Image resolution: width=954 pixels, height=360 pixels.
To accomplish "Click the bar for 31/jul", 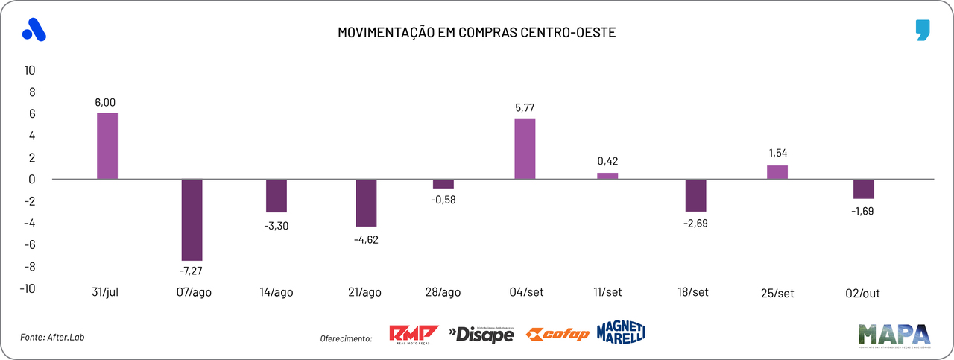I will [x=107, y=146].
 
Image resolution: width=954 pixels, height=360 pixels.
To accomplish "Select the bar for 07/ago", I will [x=192, y=219].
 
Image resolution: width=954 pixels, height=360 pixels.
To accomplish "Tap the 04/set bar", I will [x=525, y=148].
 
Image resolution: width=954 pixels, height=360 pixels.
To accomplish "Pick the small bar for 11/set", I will [x=607, y=176].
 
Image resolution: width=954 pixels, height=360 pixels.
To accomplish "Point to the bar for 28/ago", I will [x=443, y=184].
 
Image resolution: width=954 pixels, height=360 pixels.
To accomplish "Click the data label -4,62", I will [x=365, y=240].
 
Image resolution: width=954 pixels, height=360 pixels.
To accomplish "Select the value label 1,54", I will [x=777, y=153].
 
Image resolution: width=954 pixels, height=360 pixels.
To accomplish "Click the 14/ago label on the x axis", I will [x=277, y=292].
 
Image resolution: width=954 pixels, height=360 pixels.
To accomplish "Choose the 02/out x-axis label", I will [x=863, y=293].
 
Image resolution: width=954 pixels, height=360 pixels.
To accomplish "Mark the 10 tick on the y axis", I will [x=30, y=70].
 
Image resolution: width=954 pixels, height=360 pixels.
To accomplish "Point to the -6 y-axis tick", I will [x=30, y=245].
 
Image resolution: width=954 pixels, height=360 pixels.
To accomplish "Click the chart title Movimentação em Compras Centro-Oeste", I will [x=477, y=33].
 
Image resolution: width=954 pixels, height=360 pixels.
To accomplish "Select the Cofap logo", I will [x=557, y=335].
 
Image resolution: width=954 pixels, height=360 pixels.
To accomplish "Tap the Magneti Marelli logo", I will [x=621, y=332].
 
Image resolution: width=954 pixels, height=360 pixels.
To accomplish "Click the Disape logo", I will [x=481, y=335].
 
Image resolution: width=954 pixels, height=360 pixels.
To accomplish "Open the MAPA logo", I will [x=894, y=335].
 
